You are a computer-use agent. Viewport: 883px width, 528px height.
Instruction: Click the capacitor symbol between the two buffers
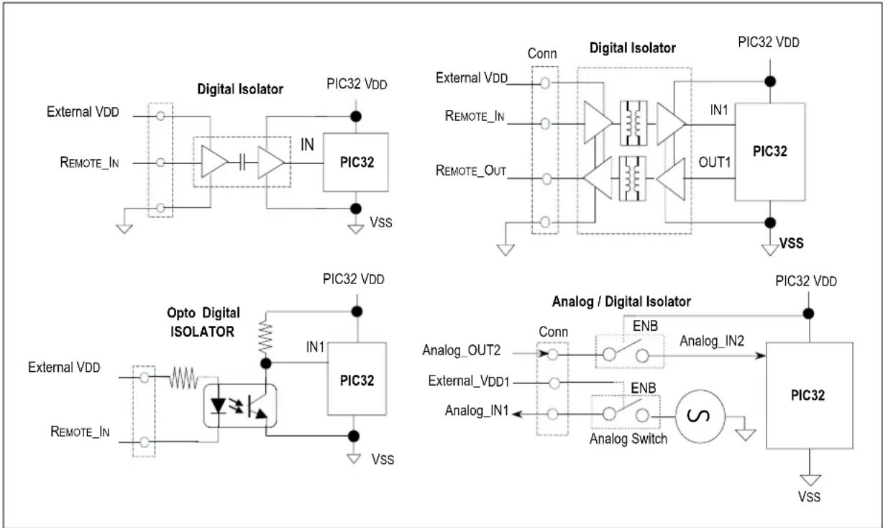[x=243, y=162]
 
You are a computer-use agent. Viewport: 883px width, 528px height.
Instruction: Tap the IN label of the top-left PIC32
[x=307, y=145]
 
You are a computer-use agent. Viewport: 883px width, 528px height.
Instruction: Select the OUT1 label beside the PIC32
[x=714, y=162]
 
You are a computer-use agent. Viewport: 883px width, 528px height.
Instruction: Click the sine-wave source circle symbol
[x=700, y=417]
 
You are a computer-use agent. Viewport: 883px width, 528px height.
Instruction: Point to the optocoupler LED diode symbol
[x=218, y=406]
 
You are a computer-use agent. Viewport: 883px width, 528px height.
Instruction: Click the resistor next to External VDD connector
[x=183, y=378]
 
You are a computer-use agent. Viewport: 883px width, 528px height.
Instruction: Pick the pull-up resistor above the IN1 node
[x=265, y=337]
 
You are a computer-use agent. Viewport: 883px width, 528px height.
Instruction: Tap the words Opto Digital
[x=203, y=313]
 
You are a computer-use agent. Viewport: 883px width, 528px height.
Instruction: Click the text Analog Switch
[x=628, y=439]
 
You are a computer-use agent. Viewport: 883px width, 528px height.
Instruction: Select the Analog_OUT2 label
[x=461, y=350]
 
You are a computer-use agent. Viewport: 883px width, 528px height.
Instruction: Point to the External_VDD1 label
[x=469, y=381]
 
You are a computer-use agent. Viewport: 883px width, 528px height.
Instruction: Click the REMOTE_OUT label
[x=471, y=170]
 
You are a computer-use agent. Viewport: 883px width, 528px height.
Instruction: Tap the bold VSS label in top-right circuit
[x=791, y=243]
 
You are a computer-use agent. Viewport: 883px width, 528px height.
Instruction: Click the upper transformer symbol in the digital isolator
[x=633, y=123]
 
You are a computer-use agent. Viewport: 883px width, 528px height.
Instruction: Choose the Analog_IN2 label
[x=712, y=341]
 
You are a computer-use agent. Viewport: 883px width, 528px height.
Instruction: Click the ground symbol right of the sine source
[x=746, y=434]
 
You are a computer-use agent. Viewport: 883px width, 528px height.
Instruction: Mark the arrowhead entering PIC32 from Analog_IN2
[x=760, y=355]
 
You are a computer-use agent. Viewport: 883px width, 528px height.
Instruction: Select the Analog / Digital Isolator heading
[x=621, y=301]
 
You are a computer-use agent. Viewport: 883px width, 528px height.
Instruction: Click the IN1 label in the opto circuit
[x=315, y=347]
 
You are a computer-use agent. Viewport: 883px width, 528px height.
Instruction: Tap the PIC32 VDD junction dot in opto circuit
[x=357, y=311]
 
